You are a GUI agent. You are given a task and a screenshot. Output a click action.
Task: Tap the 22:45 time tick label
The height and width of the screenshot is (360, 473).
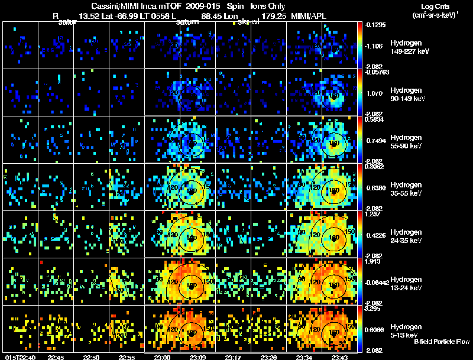pyautogui.click(x=56, y=356)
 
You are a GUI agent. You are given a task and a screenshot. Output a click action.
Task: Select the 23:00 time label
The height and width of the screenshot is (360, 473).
pyautogui.click(x=162, y=356)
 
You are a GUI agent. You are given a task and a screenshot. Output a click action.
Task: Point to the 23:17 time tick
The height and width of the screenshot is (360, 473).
pyautogui.click(x=234, y=356)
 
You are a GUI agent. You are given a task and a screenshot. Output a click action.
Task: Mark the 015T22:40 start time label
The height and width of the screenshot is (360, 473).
pyautogui.click(x=20, y=356)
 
